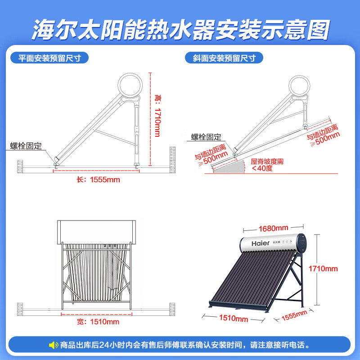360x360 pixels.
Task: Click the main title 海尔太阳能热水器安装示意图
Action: (x=181, y=30)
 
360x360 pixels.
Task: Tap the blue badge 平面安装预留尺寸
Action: (x=49, y=58)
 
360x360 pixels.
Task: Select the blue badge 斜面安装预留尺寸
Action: (x=224, y=58)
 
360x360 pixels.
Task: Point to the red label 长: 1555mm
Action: (x=98, y=180)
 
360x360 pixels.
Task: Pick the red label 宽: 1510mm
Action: (x=98, y=322)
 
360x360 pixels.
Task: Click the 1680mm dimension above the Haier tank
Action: (x=273, y=229)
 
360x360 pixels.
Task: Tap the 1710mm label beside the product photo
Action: (x=323, y=269)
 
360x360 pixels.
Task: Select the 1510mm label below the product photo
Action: (x=234, y=318)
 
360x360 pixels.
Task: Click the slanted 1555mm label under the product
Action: (x=294, y=315)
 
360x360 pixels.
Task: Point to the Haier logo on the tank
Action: (x=261, y=243)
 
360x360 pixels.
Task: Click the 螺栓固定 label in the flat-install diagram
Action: (x=26, y=146)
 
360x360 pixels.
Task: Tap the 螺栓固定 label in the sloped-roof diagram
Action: (x=206, y=137)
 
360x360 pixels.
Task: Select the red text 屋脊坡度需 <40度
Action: (x=267, y=165)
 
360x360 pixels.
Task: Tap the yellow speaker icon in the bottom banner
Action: (x=54, y=345)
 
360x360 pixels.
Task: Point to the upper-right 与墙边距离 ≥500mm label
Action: (x=323, y=135)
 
